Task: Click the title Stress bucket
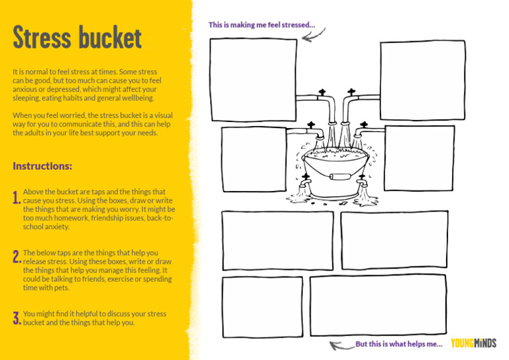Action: (77, 38)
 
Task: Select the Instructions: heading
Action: (42, 166)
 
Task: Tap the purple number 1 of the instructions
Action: (16, 198)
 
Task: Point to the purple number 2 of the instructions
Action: (16, 258)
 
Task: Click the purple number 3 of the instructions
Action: (16, 319)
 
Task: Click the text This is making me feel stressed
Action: (262, 25)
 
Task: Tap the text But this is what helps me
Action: (399, 344)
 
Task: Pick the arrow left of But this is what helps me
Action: (341, 345)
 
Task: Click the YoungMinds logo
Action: (473, 343)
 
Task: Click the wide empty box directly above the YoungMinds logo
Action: (378, 304)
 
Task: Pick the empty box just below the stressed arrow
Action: (253, 80)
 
